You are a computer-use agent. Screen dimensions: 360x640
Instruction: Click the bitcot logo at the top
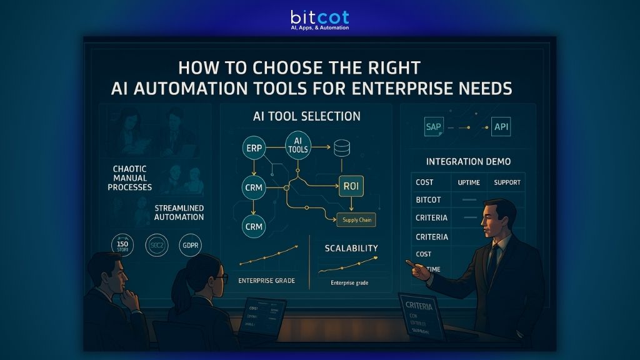click(x=319, y=19)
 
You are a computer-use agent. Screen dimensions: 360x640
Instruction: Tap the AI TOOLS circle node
click(x=297, y=146)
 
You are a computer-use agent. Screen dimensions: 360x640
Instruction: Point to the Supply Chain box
click(x=356, y=220)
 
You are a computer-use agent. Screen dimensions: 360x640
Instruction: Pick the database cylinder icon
click(x=341, y=149)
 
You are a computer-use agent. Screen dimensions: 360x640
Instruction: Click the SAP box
click(x=434, y=127)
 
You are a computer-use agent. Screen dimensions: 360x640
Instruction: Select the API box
click(x=501, y=127)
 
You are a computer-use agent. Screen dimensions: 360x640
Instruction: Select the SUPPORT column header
click(x=507, y=182)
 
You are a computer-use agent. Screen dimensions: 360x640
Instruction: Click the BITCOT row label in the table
click(x=428, y=200)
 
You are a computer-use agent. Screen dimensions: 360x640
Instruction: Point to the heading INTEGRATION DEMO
click(x=468, y=162)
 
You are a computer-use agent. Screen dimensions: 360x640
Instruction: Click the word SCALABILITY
click(x=351, y=248)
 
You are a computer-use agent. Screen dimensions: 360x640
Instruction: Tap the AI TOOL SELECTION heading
click(x=306, y=116)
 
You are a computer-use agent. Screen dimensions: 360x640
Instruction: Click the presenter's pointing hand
click(x=416, y=268)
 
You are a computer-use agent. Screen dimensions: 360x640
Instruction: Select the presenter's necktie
click(x=493, y=257)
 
